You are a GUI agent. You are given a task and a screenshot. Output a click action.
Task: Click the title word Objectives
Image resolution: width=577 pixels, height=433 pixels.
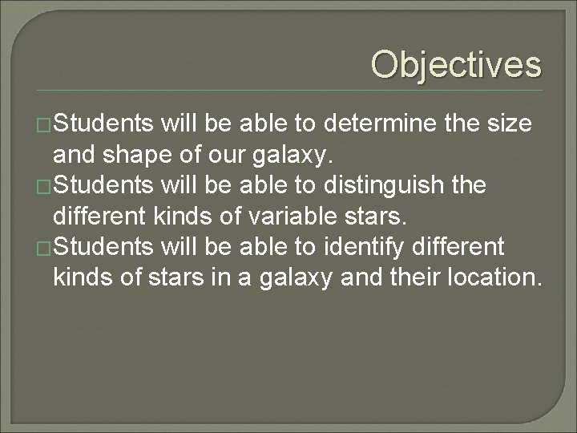(456, 64)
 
